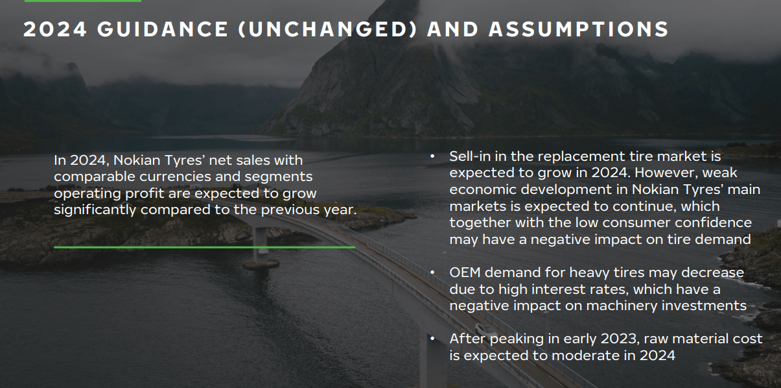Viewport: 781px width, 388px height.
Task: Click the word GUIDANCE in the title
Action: [163, 29]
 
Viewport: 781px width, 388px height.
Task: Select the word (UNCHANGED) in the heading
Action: [328, 29]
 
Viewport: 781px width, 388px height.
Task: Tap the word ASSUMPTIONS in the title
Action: [579, 29]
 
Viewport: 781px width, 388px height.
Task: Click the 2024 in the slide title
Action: [54, 29]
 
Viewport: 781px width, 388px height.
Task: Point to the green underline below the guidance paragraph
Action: [204, 247]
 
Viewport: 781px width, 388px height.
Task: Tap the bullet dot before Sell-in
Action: [432, 156]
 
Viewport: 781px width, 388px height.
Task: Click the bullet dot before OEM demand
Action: [432, 272]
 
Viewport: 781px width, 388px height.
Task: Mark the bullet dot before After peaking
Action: [432, 339]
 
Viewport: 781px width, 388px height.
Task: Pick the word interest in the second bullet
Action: [563, 289]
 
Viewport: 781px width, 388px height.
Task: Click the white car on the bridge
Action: [485, 329]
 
